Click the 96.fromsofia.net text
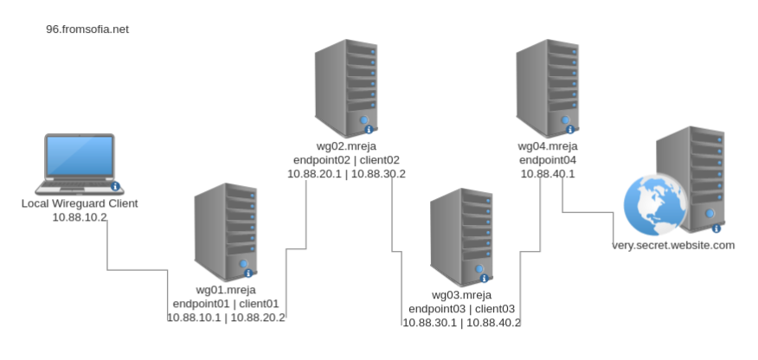tap(87, 29)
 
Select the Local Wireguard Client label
tap(80, 203)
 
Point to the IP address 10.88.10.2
tap(80, 217)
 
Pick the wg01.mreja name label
tap(227, 289)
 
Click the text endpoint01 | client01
tap(227, 303)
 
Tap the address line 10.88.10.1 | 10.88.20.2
tap(227, 317)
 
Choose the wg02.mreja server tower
tap(347, 86)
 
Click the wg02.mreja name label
tap(347, 146)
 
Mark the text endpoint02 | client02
tap(347, 160)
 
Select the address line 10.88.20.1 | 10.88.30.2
tap(347, 174)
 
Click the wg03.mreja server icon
tap(462, 235)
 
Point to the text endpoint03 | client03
tap(462, 309)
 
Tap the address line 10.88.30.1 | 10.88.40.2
tap(462, 323)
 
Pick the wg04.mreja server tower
tap(548, 86)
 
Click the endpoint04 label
tap(548, 160)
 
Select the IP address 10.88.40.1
tap(548, 174)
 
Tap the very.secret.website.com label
tap(672, 245)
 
